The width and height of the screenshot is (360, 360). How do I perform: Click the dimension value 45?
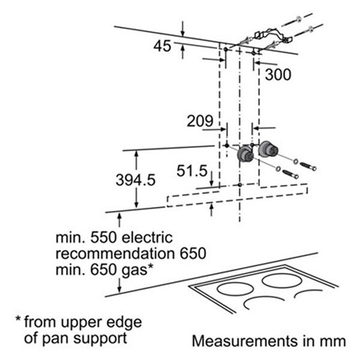coord(163,46)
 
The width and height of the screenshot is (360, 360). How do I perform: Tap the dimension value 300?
coord(278,74)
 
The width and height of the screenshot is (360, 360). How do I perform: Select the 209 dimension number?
coord(200,121)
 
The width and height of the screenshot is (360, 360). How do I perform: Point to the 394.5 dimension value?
coord(136,179)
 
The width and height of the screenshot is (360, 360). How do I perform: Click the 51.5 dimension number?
coord(192,171)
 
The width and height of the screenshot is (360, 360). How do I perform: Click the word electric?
coord(147,238)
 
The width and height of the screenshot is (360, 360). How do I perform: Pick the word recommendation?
coord(115,254)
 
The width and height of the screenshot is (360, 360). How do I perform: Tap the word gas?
coord(134,271)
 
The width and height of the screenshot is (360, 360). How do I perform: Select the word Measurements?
coord(245,341)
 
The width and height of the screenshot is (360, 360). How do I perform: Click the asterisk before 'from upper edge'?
coord(18,319)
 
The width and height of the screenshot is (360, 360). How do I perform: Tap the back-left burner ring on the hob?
coord(235,289)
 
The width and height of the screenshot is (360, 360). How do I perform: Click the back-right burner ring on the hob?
coord(282,280)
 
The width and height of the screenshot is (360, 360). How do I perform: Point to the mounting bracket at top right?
coord(273,36)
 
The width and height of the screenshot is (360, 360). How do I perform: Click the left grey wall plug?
coord(245,154)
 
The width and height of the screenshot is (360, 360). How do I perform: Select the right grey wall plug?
coord(268,149)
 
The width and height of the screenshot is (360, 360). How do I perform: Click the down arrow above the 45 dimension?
coord(182,29)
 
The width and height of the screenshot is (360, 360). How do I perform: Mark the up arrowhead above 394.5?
coord(136,154)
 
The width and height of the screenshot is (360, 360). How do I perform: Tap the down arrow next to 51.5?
coord(211,179)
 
